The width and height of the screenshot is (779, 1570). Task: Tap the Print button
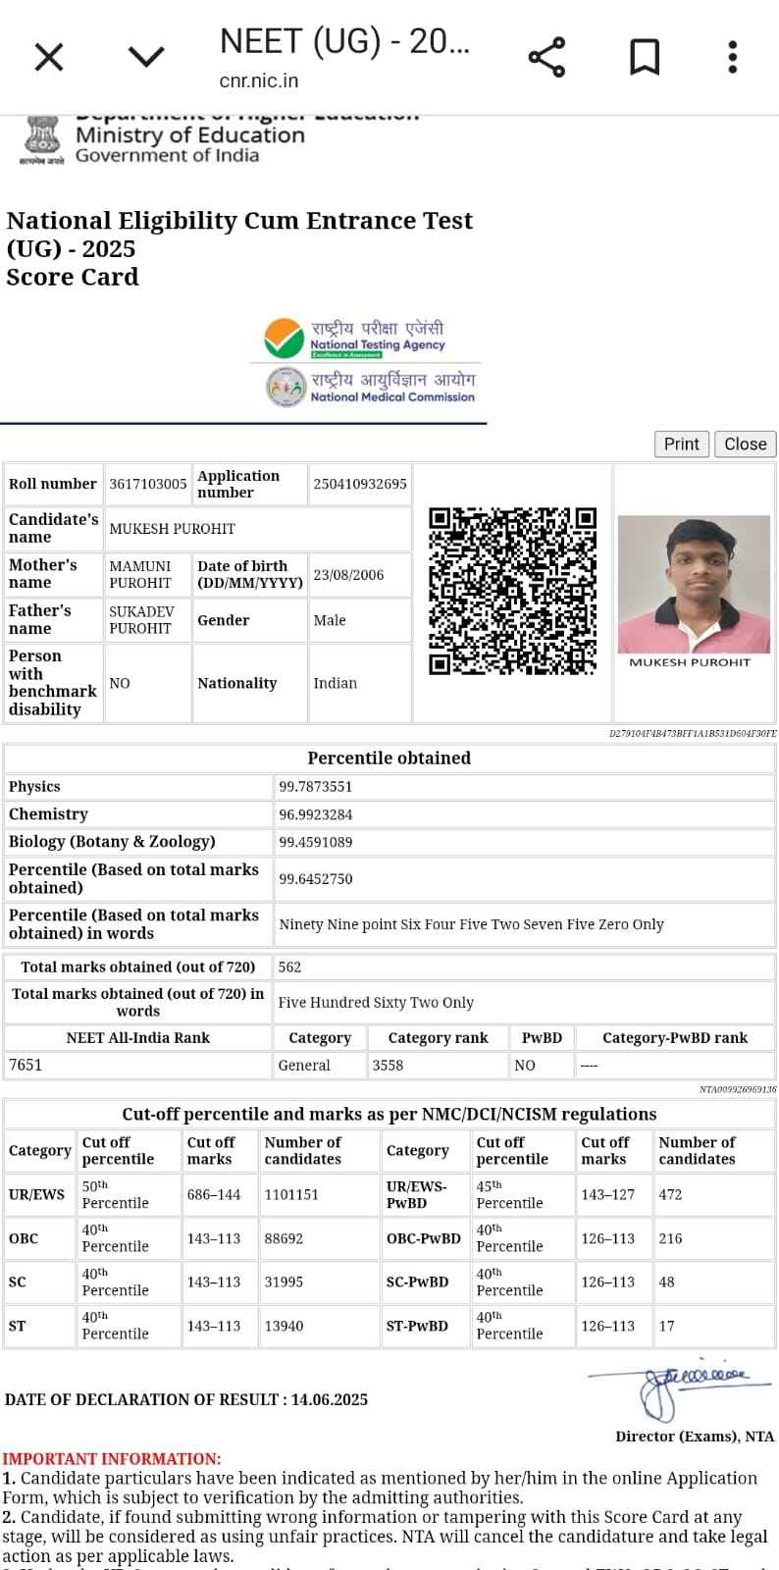681,445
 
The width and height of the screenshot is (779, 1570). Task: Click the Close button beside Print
745,445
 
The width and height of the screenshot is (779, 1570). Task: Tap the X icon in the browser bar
49,57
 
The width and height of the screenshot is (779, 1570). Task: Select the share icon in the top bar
546,57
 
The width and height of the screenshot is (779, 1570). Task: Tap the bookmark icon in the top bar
644,57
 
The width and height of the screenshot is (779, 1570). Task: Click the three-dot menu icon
732,57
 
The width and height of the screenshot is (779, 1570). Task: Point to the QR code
512,591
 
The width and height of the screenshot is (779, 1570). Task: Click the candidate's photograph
694,584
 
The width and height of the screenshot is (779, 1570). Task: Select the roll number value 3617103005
148,484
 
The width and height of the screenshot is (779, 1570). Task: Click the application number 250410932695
359,484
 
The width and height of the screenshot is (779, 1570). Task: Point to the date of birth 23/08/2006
348,575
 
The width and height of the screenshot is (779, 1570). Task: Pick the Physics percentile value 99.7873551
315,787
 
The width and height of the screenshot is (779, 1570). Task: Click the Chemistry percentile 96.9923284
315,814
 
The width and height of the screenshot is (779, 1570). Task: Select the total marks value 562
289,967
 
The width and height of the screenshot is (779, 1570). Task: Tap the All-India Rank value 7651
26,1065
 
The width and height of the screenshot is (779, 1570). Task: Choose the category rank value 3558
388,1065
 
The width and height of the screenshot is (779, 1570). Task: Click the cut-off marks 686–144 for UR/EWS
214,1194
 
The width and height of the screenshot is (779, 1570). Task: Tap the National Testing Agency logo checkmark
285,340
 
